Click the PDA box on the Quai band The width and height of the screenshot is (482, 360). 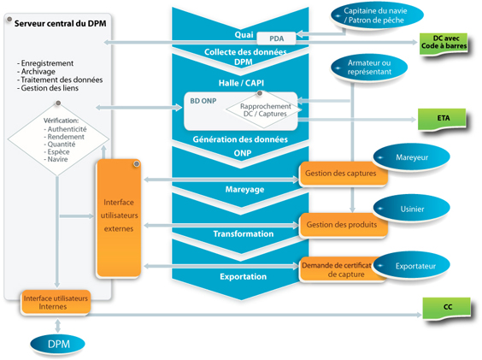(x=276, y=38)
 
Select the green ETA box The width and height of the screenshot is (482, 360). (x=442, y=119)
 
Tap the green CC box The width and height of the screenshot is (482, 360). (x=447, y=307)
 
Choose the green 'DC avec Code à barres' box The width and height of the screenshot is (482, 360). (x=444, y=43)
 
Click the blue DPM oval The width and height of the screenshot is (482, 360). (x=58, y=344)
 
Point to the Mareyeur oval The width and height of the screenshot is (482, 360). (x=412, y=157)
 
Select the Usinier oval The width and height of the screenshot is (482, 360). (x=412, y=209)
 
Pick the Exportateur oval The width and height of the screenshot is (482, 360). (x=412, y=266)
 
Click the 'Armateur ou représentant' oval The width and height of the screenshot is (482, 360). (x=369, y=68)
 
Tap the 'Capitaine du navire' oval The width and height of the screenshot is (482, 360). (x=377, y=15)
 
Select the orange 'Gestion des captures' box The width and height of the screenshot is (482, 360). (x=341, y=174)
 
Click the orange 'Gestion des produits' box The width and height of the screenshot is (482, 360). (x=342, y=225)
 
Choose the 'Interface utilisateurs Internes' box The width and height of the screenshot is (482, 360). (x=56, y=303)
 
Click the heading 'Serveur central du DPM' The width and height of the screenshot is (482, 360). (x=60, y=24)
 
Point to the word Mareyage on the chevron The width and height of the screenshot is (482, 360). (x=244, y=189)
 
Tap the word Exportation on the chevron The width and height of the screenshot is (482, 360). (x=244, y=276)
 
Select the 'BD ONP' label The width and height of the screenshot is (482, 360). (x=203, y=101)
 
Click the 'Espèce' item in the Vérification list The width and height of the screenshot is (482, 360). (x=56, y=151)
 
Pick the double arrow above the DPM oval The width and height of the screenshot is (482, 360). (x=57, y=326)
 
